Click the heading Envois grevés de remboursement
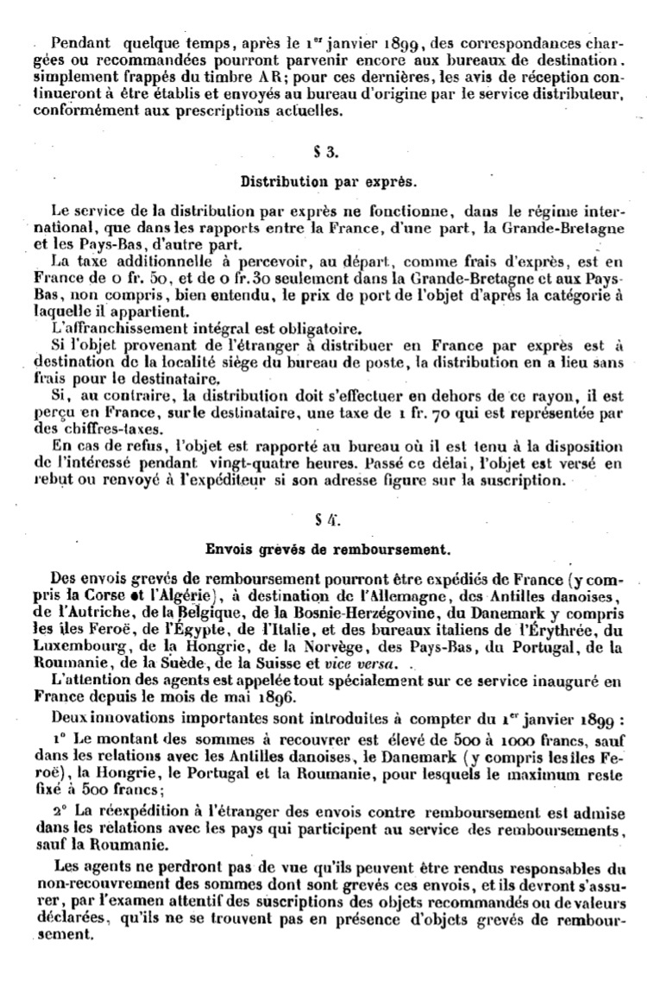pyautogui.click(x=324, y=547)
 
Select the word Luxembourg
pyautogui.click(x=90, y=648)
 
